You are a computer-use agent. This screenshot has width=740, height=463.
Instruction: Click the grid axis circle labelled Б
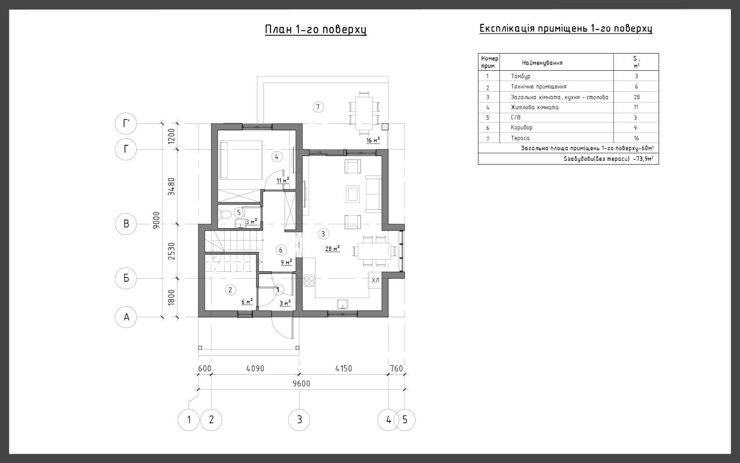[126, 278]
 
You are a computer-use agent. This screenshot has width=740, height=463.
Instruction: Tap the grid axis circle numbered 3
[299, 420]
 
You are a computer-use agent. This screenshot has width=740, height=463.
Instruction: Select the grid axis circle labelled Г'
[126, 123]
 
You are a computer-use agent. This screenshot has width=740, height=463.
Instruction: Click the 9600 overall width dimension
[301, 384]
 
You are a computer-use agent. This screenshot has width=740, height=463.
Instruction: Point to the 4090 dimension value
[255, 368]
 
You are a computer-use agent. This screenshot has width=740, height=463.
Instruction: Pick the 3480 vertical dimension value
[171, 186]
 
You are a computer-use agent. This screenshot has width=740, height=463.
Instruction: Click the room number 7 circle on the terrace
[318, 107]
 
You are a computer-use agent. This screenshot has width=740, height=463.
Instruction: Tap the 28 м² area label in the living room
[333, 249]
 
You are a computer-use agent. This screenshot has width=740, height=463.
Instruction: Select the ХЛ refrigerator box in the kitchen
[375, 280]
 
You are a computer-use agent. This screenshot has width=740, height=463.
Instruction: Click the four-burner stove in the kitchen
[309, 281]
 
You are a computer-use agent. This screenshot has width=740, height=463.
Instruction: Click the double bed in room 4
[240, 160]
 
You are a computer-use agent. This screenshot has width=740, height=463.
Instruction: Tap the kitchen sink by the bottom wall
[342, 304]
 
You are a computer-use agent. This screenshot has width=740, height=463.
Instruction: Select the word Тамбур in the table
[521, 76]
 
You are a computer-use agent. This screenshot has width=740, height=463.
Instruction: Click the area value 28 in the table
[636, 97]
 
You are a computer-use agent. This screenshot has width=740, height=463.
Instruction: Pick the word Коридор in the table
[521, 128]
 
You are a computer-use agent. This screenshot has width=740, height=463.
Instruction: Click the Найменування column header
[542, 63]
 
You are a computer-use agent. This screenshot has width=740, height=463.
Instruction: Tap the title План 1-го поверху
[316, 29]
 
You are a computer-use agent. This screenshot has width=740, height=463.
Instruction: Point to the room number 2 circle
[230, 290]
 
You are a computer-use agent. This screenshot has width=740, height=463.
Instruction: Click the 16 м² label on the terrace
[373, 141]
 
